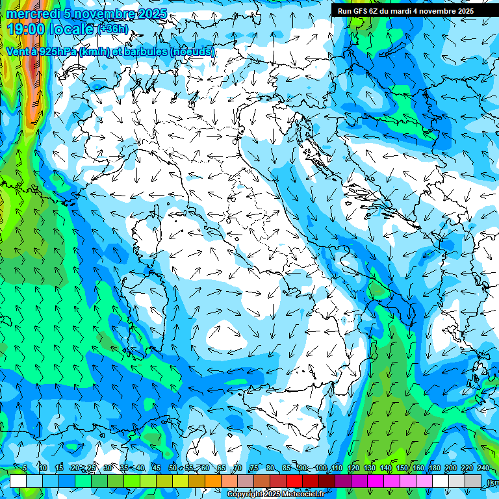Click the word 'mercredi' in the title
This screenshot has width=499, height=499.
tap(30, 14)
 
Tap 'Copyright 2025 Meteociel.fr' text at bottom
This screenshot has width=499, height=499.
tap(275, 494)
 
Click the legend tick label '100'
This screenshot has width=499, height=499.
tap(321, 468)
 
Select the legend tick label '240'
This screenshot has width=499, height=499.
tap(483, 468)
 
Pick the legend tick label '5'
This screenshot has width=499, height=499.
tap(25, 468)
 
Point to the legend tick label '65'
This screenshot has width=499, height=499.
tap(222, 468)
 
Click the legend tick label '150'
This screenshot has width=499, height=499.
tap(402, 468)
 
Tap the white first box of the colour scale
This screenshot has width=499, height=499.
tap(18, 481)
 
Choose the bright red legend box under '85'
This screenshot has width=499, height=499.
tap(294, 481)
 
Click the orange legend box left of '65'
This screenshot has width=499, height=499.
tap(213, 481)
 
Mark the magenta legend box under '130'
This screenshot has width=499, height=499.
tap(376, 481)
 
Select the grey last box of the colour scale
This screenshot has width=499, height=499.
tap(474, 481)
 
